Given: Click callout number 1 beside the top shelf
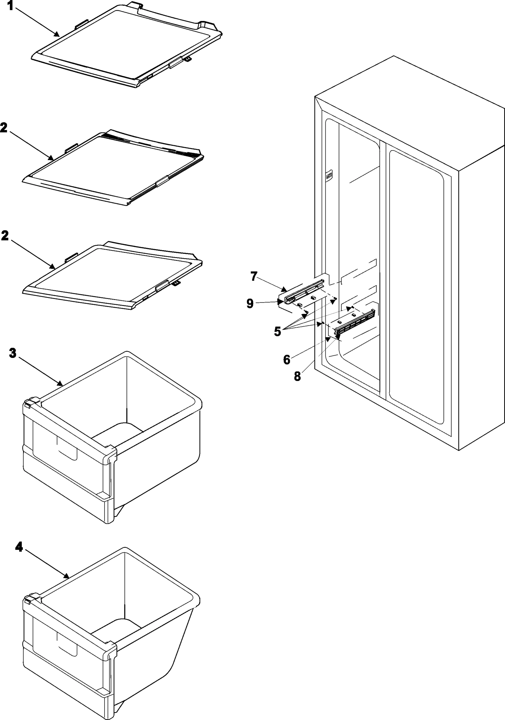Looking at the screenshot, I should coord(10,6).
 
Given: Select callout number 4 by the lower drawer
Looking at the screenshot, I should coord(19,547).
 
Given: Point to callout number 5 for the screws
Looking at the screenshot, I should coord(277,331).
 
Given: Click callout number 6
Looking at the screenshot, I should coord(286,360).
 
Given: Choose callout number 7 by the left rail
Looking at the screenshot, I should coord(254,277).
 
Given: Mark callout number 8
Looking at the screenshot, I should coord(297,376).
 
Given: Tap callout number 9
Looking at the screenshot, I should coord(250,303).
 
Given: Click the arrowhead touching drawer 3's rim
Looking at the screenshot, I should coord(61,383).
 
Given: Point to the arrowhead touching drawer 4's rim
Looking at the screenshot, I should coord(67,576).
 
